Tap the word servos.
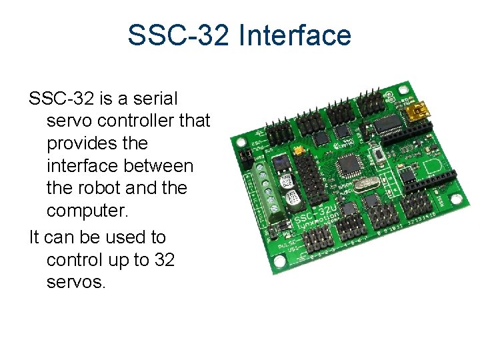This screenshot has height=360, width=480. [76, 283]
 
